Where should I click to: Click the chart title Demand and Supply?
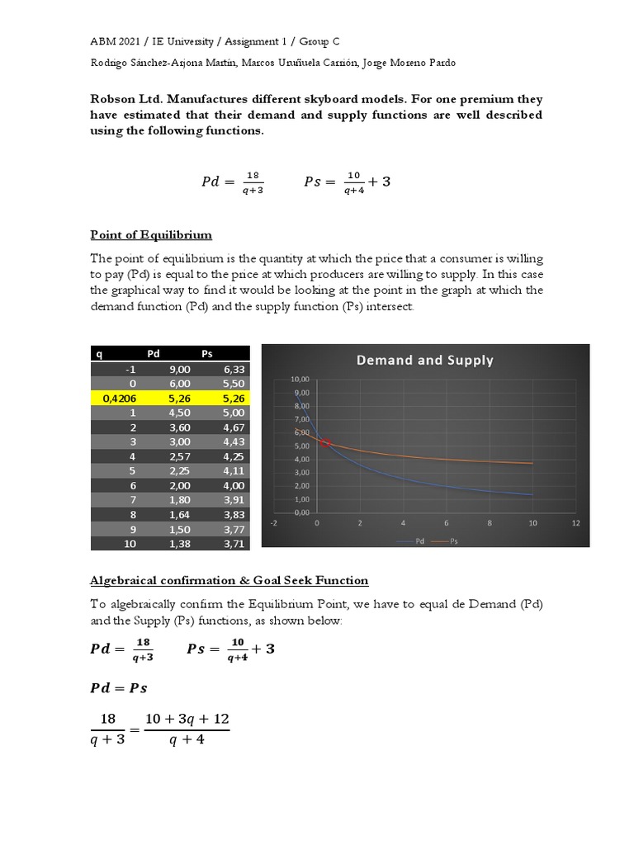click(x=424, y=360)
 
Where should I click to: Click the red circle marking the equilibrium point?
click(x=325, y=443)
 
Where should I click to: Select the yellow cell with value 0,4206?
click(x=121, y=399)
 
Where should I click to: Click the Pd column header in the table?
click(x=154, y=353)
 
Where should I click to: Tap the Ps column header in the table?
click(x=207, y=353)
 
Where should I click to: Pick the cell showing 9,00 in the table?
click(x=178, y=369)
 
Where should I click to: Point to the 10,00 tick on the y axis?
click(x=300, y=379)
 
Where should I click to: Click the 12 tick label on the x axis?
click(x=575, y=522)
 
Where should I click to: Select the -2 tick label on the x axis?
click(x=274, y=522)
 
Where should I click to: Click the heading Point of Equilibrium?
click(x=151, y=235)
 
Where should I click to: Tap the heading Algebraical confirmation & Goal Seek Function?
click(x=229, y=581)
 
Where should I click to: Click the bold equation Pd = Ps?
click(x=119, y=687)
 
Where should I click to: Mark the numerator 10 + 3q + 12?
click(x=187, y=720)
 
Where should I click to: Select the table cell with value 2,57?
click(x=178, y=456)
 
